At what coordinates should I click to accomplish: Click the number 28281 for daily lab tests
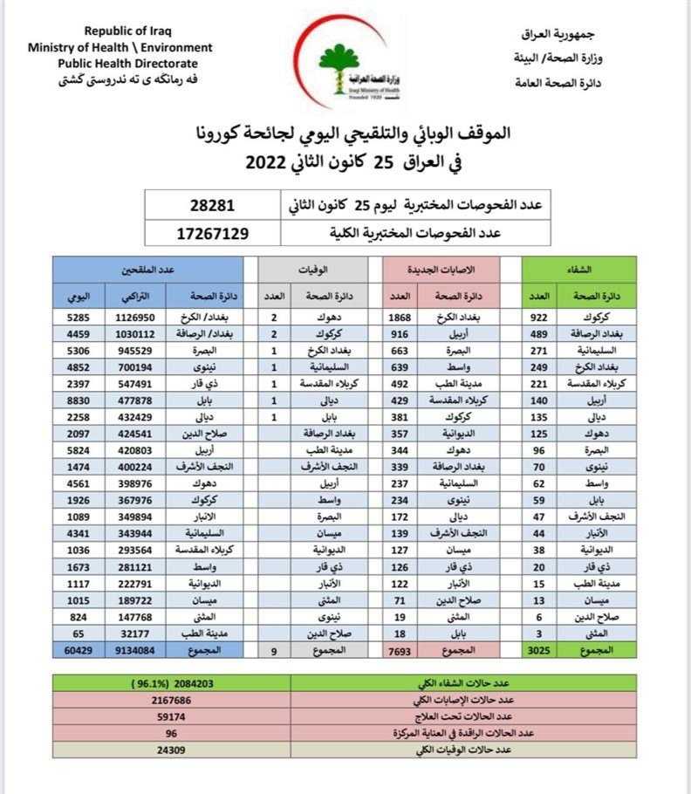tap(212, 207)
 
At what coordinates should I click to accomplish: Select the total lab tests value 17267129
tap(212, 233)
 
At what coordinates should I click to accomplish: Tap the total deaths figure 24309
tap(172, 749)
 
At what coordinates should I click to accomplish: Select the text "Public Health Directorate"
tap(127, 63)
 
